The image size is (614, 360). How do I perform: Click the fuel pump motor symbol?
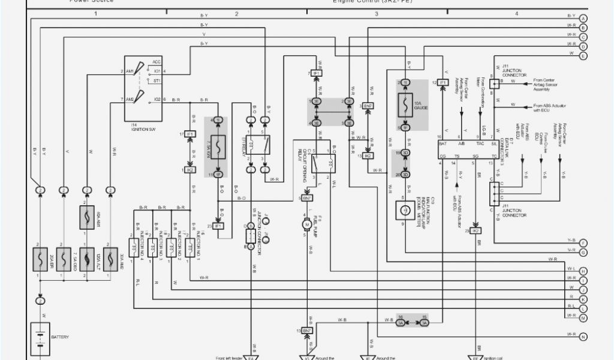coord(306,225)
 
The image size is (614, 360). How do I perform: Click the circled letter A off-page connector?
coord(583,17)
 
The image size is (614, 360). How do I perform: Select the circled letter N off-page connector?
coord(583,336)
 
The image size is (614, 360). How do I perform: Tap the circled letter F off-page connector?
coord(583,242)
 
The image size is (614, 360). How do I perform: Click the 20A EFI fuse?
coord(40,259)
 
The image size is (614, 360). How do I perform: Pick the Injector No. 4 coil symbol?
coord(134,246)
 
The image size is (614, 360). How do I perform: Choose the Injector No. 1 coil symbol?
coord(190,246)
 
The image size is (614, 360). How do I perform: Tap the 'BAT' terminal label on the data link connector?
coord(443,145)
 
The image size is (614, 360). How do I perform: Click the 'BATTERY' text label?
coord(59,337)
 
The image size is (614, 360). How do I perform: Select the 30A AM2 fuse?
coord(110,259)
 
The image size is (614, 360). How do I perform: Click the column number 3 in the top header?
coord(377,12)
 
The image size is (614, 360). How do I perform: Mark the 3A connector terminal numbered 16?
coord(401,323)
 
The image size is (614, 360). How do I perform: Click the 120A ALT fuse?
coord(87,259)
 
